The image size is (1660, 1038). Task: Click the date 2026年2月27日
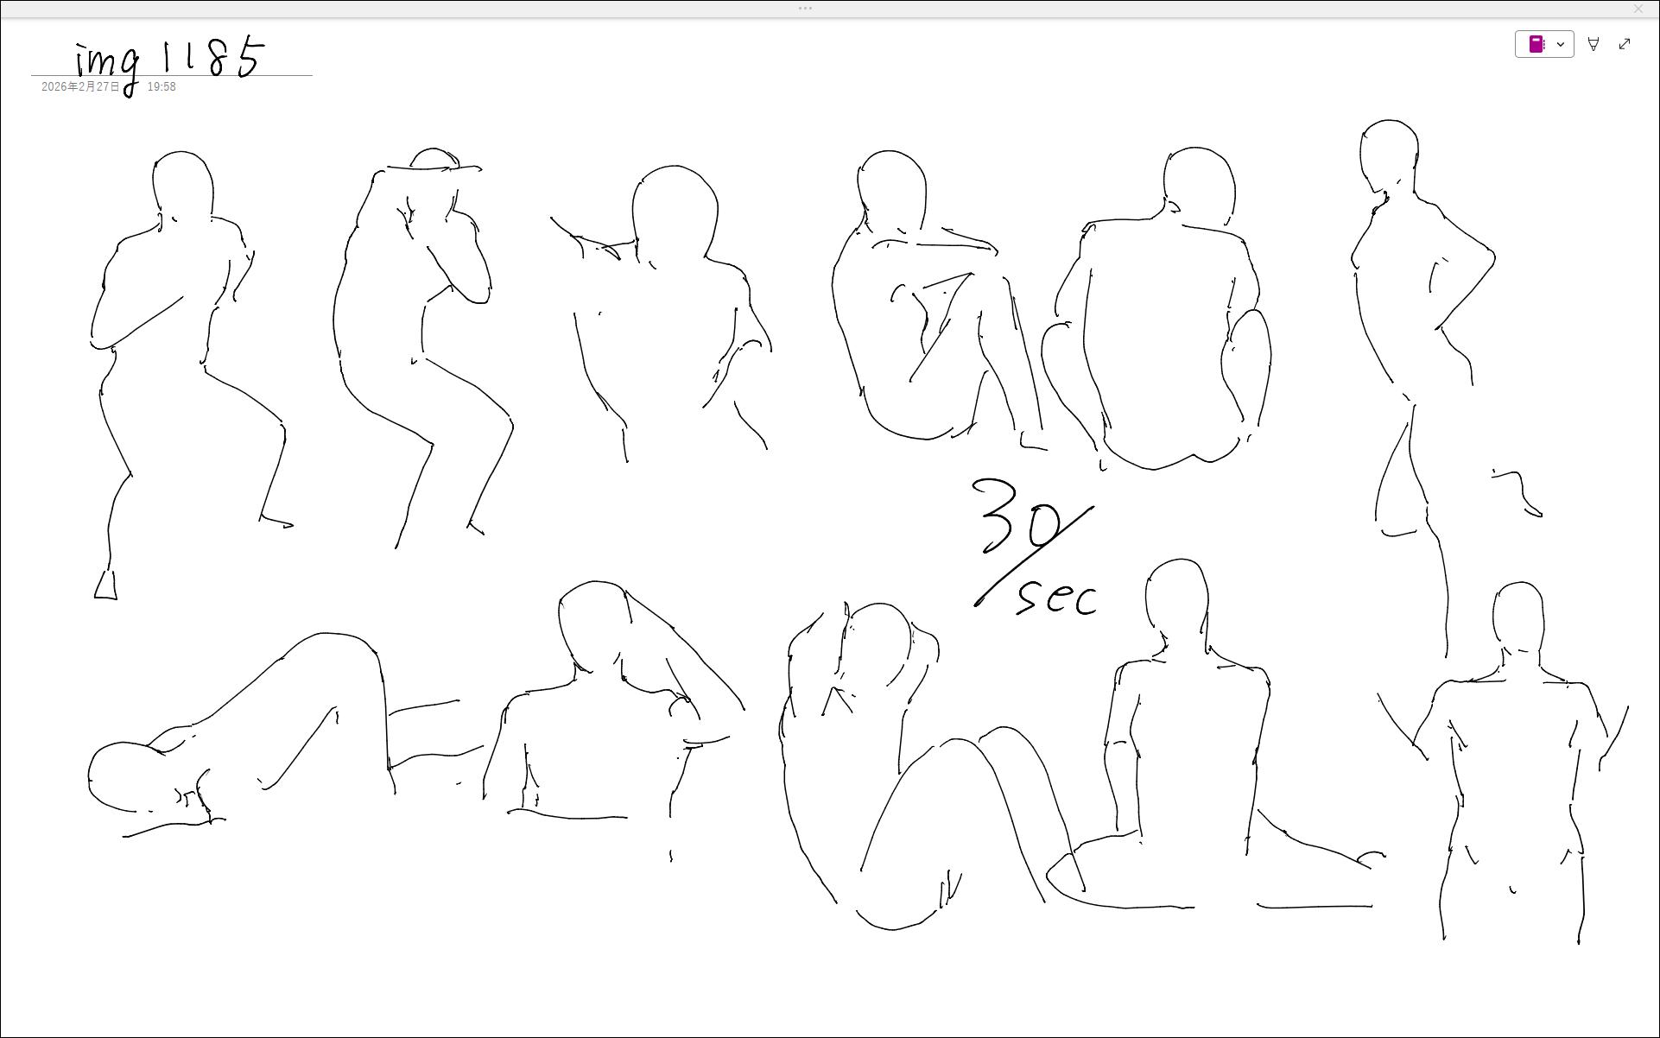tap(80, 87)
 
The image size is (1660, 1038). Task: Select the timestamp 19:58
tap(162, 87)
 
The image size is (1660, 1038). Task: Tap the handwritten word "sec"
tap(1056, 598)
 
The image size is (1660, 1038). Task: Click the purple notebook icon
tap(1536, 44)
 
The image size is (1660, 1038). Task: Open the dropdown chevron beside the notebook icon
tap(1561, 44)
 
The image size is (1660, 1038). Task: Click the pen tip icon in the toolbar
tap(1593, 44)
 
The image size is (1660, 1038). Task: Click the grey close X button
tap(1638, 9)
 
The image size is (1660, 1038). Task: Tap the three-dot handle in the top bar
tap(805, 9)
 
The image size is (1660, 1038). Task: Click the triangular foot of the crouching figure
tap(105, 585)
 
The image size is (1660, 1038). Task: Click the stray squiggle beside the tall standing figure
tap(1520, 492)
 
